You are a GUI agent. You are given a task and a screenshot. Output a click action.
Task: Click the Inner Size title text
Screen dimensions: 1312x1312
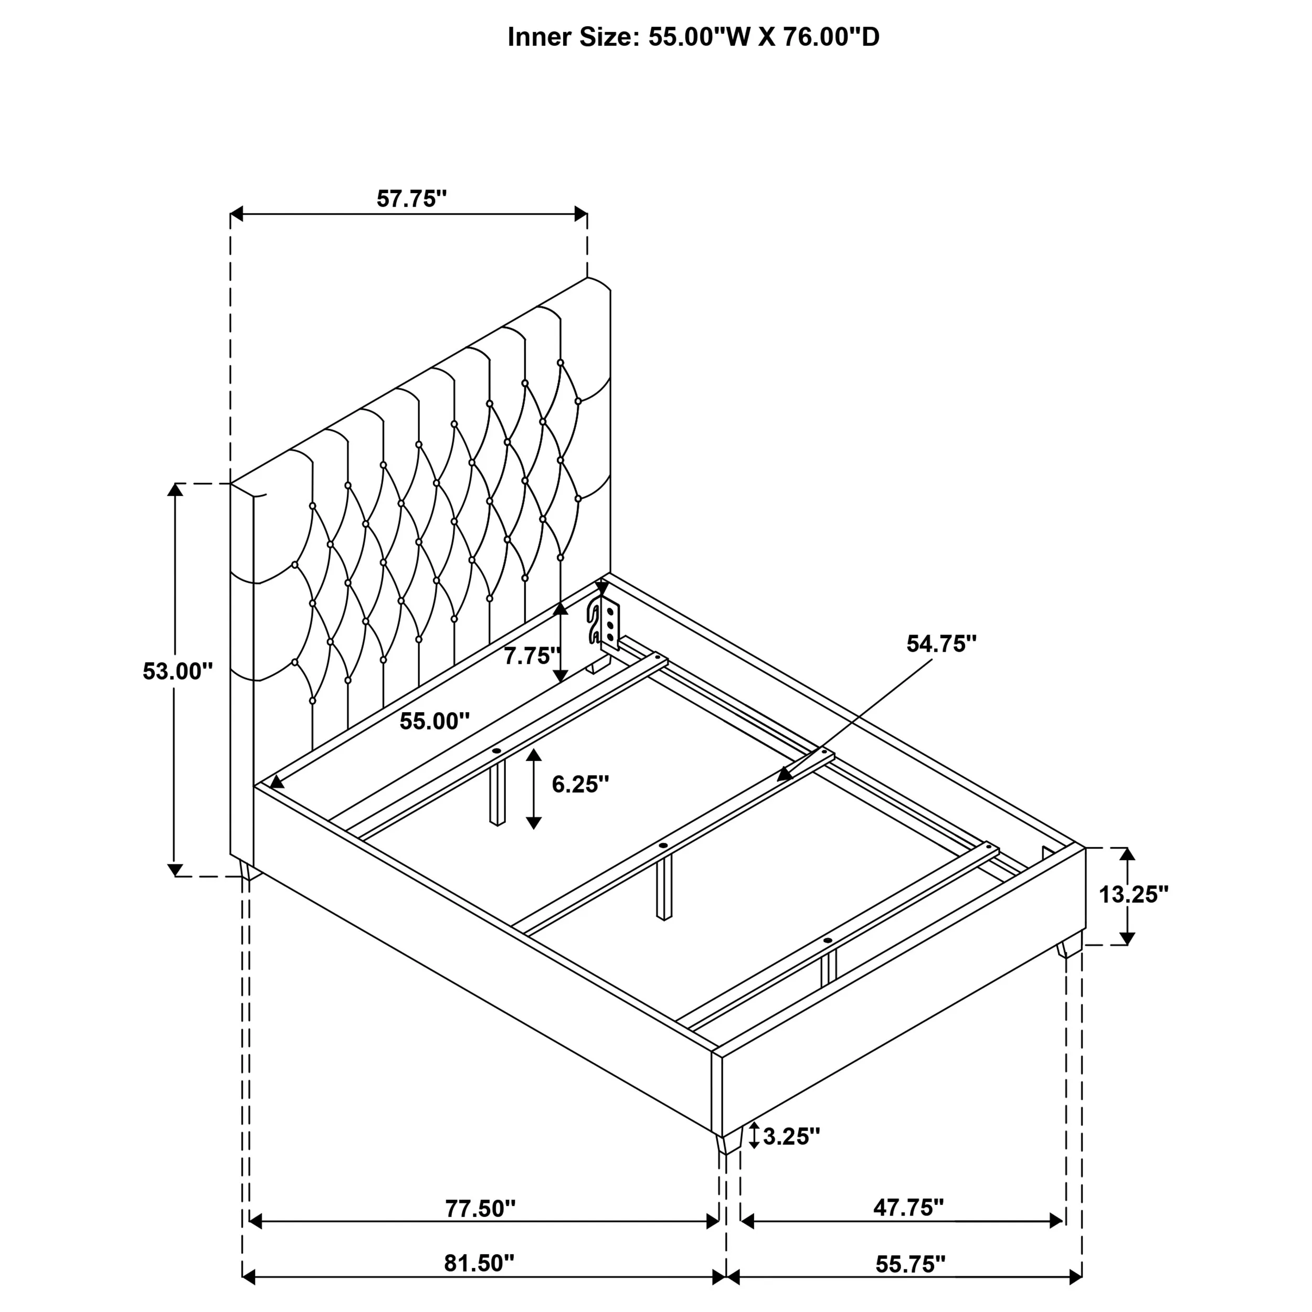coord(693,37)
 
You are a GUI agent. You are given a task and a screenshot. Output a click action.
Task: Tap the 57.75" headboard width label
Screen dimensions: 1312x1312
coord(411,199)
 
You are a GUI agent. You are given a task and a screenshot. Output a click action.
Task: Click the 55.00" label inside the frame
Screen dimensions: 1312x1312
coord(435,721)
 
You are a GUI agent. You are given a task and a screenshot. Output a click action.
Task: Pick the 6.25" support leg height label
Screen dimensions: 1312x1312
coord(580,785)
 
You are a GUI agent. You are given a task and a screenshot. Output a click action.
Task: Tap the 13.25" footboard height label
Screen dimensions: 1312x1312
coord(1134,894)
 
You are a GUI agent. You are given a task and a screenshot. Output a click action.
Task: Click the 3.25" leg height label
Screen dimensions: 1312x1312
coord(792,1136)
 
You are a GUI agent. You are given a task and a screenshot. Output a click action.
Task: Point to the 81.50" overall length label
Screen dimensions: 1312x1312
coord(480,1263)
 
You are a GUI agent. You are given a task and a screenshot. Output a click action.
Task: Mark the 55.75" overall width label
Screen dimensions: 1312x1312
coord(911,1264)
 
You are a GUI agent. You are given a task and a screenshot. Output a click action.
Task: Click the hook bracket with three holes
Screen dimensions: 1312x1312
coord(604,622)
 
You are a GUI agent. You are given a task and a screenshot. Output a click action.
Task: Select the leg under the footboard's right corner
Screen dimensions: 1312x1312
coord(1070,944)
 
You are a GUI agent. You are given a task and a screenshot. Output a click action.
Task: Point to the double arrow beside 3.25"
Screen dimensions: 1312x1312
coord(754,1136)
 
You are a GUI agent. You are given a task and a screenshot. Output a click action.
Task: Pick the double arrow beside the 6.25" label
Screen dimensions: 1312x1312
coord(534,788)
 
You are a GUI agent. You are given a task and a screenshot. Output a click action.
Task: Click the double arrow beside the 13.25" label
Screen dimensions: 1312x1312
coord(1127,896)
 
